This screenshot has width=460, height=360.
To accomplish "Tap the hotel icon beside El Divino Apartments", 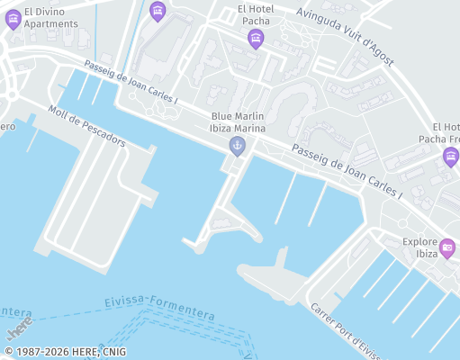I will (x=13, y=19).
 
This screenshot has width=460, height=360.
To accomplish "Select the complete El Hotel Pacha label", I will (x=255, y=14).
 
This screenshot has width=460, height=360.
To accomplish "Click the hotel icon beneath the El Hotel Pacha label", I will (x=256, y=39).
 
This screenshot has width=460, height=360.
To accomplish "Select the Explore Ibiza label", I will (x=419, y=247).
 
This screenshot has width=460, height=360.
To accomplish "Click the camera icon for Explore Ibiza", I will (x=447, y=247).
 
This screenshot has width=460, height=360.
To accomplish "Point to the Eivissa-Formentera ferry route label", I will (x=159, y=307).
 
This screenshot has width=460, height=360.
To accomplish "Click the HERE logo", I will (x=19, y=320).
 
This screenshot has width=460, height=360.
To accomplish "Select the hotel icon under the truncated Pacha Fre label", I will (x=451, y=157).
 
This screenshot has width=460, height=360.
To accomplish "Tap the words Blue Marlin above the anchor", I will (x=238, y=116).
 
